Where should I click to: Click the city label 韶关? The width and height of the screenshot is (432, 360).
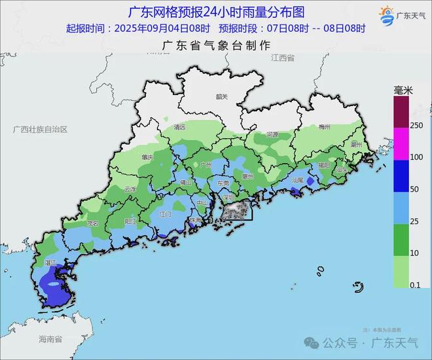click(222, 97)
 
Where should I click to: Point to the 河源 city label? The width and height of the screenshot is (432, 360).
click(272, 134)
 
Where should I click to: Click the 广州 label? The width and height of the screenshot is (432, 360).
click(206, 165)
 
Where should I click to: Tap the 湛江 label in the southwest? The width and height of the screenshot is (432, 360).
click(50, 262)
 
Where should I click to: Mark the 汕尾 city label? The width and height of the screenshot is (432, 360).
click(298, 180)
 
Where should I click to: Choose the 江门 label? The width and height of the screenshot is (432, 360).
click(166, 214)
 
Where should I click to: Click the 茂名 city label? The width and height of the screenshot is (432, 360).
click(92, 223)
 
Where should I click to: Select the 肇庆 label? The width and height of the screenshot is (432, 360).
click(147, 158)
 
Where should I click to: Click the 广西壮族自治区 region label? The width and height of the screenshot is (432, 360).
click(41, 130)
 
